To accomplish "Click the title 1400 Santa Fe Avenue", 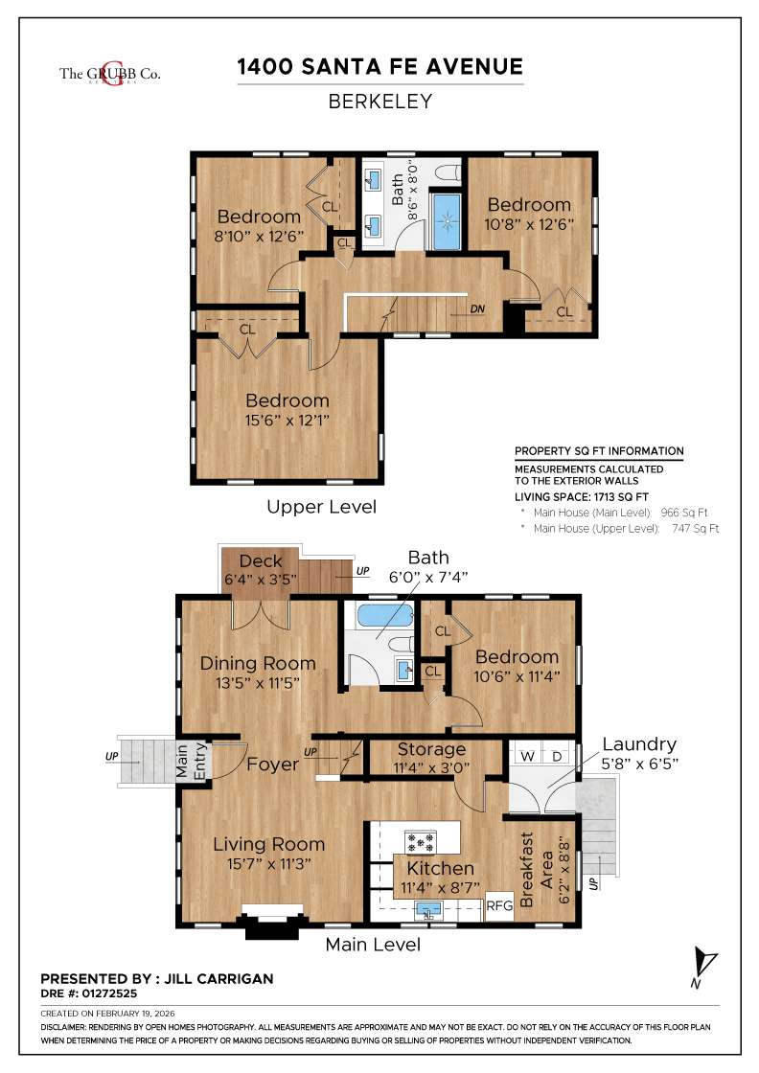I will [380, 66].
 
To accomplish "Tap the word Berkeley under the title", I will [380, 101].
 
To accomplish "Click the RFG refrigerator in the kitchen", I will [498, 903].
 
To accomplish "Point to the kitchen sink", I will [427, 908].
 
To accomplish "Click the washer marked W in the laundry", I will [525, 755].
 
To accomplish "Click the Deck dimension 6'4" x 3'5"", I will [261, 580].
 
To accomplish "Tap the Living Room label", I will [268, 844].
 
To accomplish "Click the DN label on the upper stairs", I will [477, 309].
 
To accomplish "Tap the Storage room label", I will [431, 749].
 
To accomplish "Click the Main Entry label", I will [192, 764].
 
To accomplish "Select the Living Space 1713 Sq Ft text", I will [582, 496].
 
